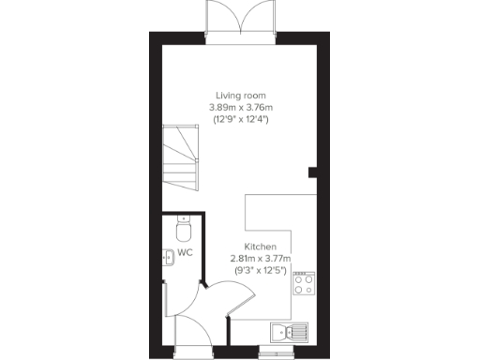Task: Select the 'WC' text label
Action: click(x=186, y=253)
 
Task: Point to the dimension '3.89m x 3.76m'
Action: click(x=240, y=108)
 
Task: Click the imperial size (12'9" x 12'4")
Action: click(x=240, y=120)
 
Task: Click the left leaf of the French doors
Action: click(x=223, y=18)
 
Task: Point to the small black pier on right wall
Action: click(x=313, y=171)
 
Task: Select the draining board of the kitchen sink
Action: click(x=297, y=331)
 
